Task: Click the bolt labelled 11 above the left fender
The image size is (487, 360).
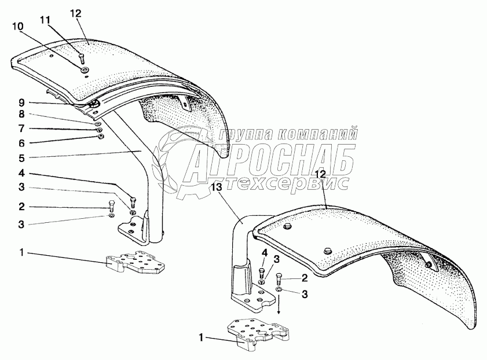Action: [81, 58]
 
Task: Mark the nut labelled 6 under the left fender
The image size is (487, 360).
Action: [101, 137]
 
